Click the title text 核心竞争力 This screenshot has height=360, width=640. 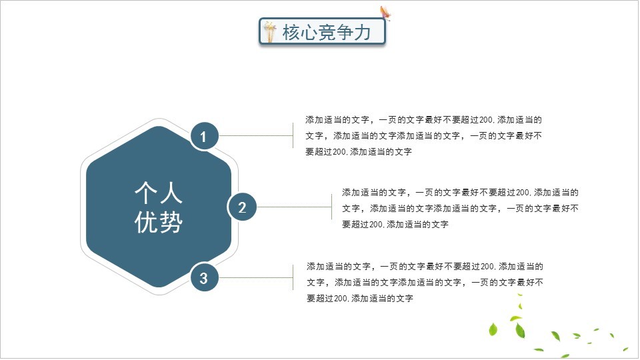(327, 32)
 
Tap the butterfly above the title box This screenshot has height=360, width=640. (385, 13)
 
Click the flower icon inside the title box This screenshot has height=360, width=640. (269, 32)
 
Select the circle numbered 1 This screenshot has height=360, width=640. (204, 136)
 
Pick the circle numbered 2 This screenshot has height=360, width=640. (242, 207)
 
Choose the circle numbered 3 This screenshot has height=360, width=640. (204, 278)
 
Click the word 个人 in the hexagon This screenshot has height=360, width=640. (159, 193)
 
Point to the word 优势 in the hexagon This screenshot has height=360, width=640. (159, 223)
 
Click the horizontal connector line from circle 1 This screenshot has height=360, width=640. (255, 135)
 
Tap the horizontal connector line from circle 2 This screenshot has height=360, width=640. (294, 207)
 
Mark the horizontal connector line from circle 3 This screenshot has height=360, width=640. (255, 277)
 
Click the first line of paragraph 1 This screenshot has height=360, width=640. (424, 120)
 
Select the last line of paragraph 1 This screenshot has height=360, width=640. (359, 152)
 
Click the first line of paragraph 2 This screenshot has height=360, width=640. (461, 193)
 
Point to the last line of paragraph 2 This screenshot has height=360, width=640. (395, 225)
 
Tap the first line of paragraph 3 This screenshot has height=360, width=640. (425, 267)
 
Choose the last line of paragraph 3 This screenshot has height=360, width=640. (360, 299)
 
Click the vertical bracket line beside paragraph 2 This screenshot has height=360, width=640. (331, 207)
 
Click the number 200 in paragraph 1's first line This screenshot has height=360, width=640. (487, 120)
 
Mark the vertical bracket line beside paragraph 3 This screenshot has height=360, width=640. (293, 277)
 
